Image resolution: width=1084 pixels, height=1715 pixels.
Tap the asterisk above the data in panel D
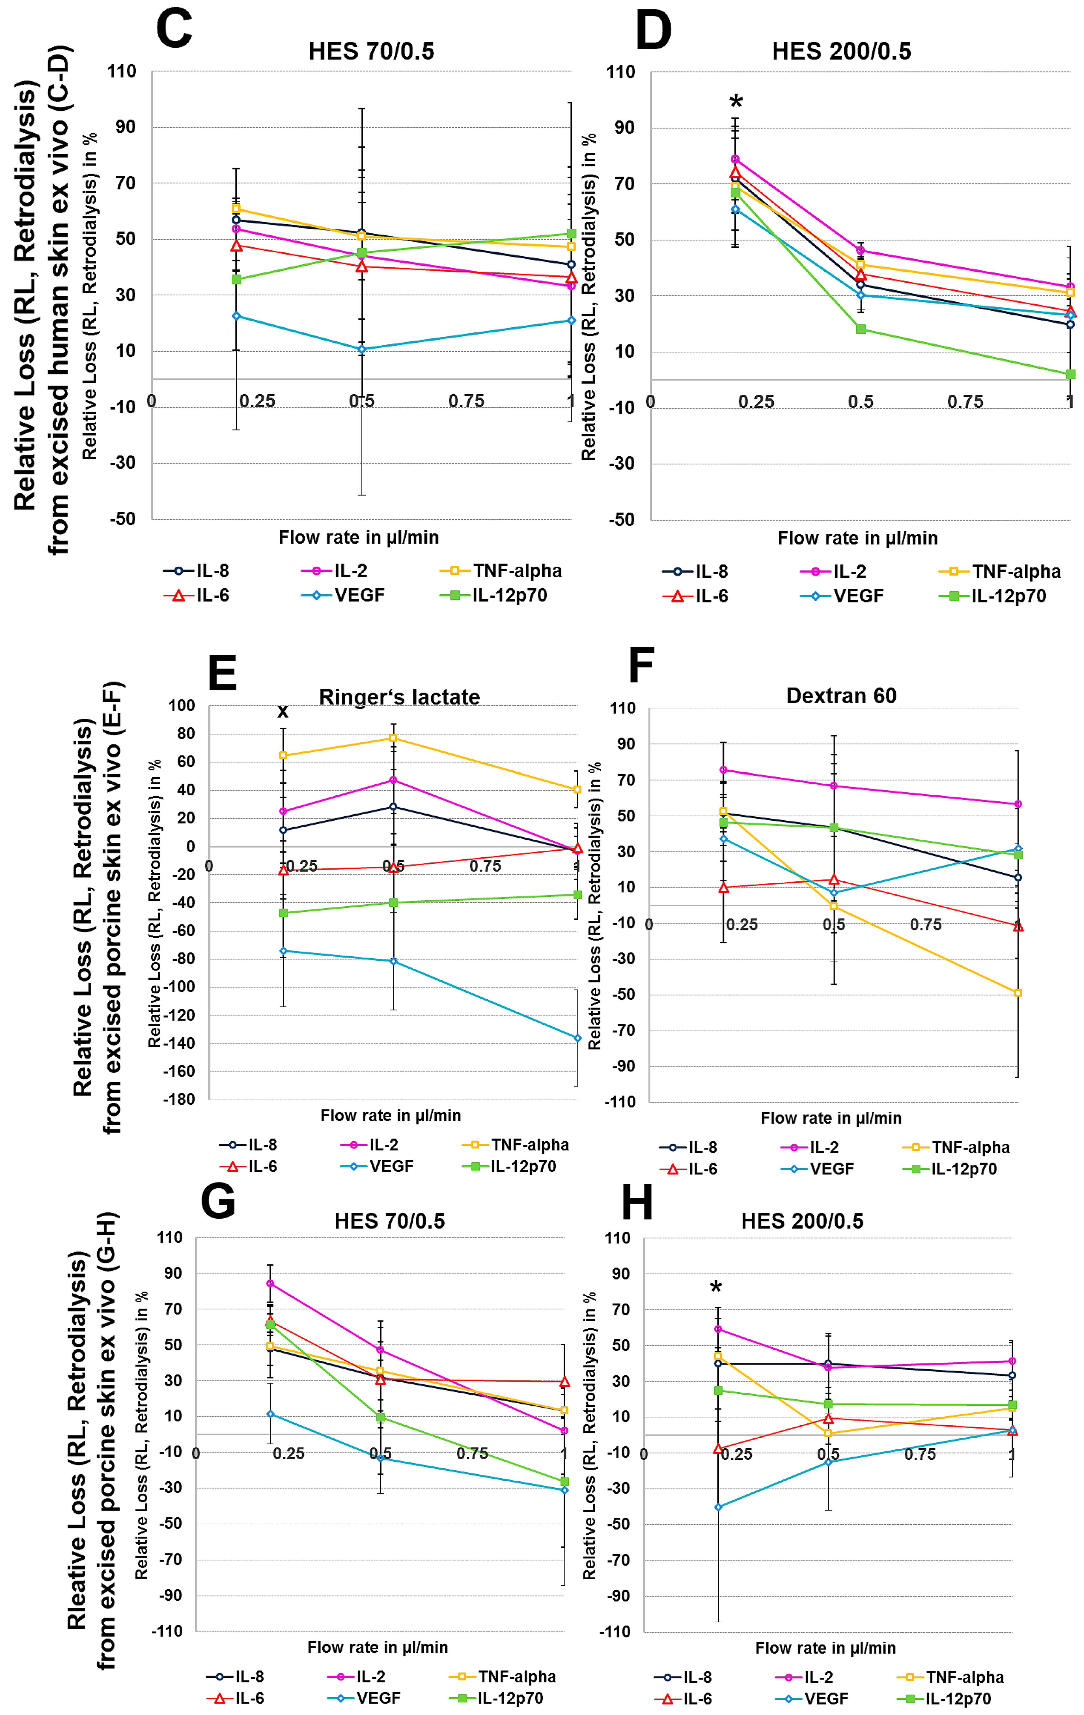[736, 101]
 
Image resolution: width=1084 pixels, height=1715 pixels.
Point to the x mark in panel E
[283, 711]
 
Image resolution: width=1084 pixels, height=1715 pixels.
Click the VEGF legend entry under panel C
[343, 595]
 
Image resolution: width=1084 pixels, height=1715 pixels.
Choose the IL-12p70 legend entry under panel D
[993, 596]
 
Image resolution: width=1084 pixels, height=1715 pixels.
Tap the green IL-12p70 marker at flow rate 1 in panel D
[1070, 374]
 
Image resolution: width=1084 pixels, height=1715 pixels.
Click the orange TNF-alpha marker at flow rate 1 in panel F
[1018, 993]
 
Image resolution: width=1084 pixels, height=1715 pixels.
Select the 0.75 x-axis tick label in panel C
[466, 401]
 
